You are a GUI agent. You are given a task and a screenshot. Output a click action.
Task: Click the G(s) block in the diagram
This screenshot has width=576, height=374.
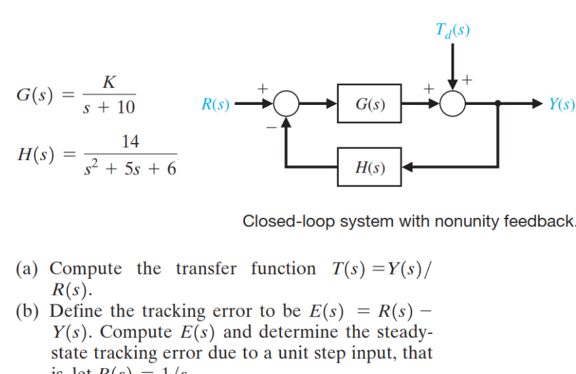[370, 104]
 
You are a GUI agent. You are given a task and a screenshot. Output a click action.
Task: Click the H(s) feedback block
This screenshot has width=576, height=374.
[370, 168]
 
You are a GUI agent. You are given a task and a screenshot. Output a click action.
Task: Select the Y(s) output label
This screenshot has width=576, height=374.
[562, 104]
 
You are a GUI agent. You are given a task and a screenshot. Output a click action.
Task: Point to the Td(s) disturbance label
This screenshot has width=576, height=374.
[453, 30]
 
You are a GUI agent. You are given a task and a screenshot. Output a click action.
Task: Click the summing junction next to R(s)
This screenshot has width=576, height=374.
[286, 104]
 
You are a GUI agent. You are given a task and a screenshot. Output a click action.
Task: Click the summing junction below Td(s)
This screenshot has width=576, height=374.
[453, 104]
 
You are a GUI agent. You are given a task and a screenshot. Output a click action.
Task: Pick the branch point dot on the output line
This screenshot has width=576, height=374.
[499, 104]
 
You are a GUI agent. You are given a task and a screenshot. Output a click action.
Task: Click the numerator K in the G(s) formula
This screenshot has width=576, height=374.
[110, 82]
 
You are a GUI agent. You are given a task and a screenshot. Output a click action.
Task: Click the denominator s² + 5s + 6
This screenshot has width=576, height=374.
[130, 169]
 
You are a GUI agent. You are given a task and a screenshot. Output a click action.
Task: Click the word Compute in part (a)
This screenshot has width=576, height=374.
[86, 268]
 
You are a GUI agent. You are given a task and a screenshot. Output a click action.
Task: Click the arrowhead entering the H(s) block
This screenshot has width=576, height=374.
[406, 168]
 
